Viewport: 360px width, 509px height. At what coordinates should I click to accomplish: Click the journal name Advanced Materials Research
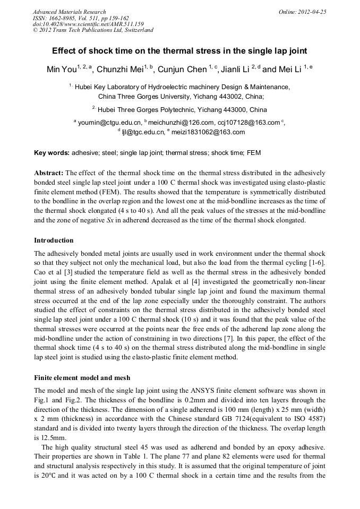69,12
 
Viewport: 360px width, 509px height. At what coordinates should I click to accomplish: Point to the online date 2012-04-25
314,12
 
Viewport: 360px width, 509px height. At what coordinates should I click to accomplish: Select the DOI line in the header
88,24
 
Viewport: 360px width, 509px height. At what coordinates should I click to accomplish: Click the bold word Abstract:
49,173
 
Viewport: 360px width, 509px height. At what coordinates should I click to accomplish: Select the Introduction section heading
54,240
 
